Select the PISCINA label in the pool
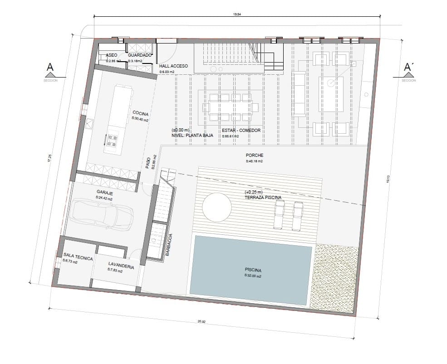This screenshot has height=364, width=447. click(x=253, y=271)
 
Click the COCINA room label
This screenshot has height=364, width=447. click(x=141, y=113)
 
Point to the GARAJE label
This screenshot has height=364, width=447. click(x=104, y=193)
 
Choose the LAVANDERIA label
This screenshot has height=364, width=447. click(x=121, y=267)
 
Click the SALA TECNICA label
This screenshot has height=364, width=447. click(x=78, y=258)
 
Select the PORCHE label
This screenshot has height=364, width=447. click(x=255, y=155)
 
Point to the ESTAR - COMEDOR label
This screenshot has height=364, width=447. click(x=241, y=131)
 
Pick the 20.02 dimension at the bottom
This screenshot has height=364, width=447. click(x=201, y=321)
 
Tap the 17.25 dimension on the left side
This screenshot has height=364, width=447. click(x=49, y=158)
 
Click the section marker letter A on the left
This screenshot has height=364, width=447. click(x=50, y=68)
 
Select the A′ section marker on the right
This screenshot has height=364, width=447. click(x=408, y=68)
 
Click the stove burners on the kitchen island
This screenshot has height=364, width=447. click(x=112, y=141)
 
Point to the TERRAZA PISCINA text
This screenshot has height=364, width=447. click(x=263, y=198)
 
